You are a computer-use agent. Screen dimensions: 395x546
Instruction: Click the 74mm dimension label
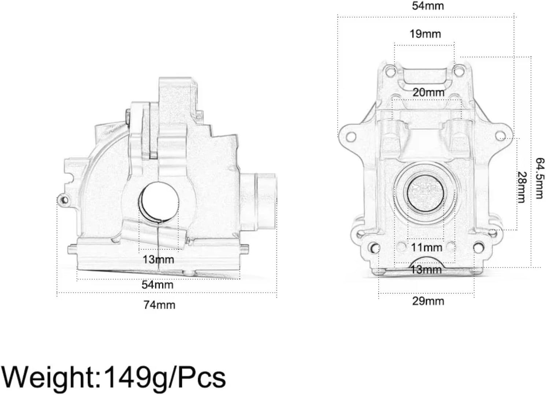pos(159,305)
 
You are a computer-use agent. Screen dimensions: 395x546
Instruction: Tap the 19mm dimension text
pos(425,34)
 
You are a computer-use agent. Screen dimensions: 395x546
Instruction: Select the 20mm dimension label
pos(428,92)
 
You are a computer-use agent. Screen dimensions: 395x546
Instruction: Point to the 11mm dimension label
pos(426,248)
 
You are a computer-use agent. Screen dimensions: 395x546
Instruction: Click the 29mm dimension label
pos(428,301)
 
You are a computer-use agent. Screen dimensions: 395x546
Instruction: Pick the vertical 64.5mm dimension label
pos(539,178)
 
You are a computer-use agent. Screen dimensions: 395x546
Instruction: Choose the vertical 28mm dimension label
pos(521,187)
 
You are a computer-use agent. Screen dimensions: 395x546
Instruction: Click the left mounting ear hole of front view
pos(351,137)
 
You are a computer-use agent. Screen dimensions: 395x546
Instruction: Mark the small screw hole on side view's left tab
pos(65,200)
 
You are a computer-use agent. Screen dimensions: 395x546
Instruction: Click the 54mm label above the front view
pos(428,6)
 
